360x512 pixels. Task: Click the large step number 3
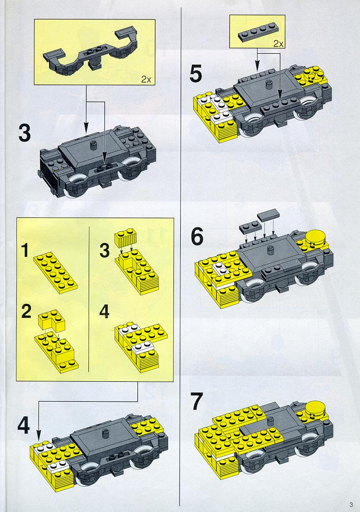point(24,133)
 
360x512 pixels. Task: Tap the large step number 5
point(196,74)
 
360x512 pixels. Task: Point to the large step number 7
point(197,402)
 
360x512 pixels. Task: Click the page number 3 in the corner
point(351,504)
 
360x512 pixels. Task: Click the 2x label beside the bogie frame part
point(146,79)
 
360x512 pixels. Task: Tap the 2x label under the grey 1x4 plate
point(278,43)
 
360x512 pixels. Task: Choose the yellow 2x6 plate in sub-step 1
point(55,273)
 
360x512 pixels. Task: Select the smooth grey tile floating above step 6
point(268,214)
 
